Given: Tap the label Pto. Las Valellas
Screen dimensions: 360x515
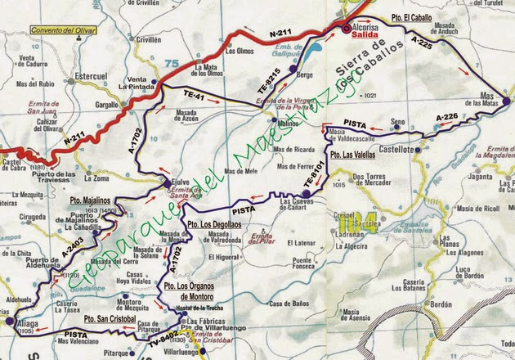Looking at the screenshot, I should (x=353, y=154).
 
